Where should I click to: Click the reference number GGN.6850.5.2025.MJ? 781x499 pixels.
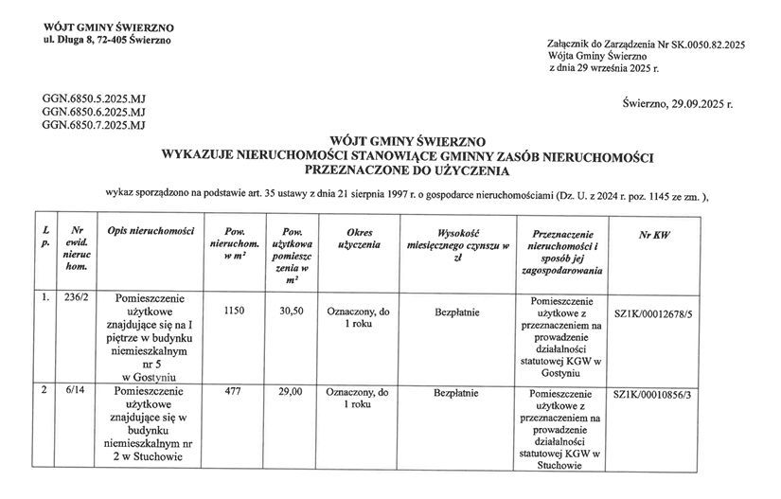[x=94, y=98]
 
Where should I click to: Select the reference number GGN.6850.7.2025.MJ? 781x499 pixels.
[x=94, y=124]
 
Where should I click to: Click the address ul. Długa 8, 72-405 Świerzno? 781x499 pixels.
[x=107, y=40]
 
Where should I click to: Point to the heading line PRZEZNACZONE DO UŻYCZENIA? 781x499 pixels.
[x=407, y=171]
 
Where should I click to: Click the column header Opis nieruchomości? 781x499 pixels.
[x=151, y=231]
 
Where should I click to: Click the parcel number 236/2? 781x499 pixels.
[x=72, y=298]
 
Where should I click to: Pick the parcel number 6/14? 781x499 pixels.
[x=69, y=391]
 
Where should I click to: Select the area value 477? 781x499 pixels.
[x=234, y=391]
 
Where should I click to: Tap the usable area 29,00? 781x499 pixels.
[x=290, y=391]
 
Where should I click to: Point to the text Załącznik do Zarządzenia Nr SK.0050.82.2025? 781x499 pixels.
[x=647, y=45]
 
